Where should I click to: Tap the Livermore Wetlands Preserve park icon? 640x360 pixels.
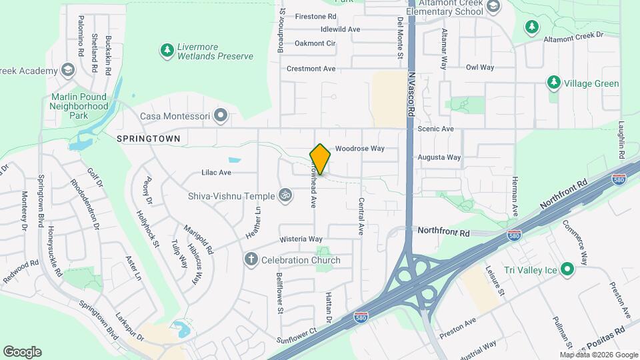pyautogui.click(x=166, y=50)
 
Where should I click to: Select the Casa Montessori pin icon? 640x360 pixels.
pyautogui.click(x=221, y=117)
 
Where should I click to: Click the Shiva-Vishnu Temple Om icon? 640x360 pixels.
pyautogui.click(x=285, y=195)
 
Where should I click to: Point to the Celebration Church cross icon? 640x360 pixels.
pyautogui.click(x=251, y=260)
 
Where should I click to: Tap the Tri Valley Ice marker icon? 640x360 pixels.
pyautogui.click(x=567, y=269)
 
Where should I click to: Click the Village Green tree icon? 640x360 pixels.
pyautogui.click(x=553, y=83)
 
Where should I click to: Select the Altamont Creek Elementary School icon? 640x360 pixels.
pyautogui.click(x=493, y=7)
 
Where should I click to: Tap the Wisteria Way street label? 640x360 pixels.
pyautogui.click(x=301, y=239)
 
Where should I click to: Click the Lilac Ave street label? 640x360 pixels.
pyautogui.click(x=216, y=172)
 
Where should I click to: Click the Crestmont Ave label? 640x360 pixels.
pyautogui.click(x=311, y=69)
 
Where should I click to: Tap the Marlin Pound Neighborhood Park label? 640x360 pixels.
pyautogui.click(x=79, y=106)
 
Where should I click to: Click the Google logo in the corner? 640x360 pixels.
pyautogui.click(x=23, y=352)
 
